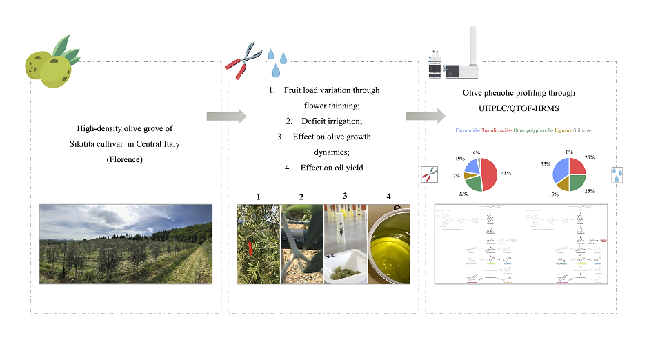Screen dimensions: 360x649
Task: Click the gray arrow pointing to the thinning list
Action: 226,116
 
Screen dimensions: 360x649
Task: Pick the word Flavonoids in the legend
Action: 469,130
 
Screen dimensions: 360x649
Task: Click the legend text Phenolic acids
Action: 501,130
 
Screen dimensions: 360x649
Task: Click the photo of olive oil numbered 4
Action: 388,244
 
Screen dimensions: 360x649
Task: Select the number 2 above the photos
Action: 301,197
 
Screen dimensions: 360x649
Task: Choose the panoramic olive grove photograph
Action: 126,243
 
